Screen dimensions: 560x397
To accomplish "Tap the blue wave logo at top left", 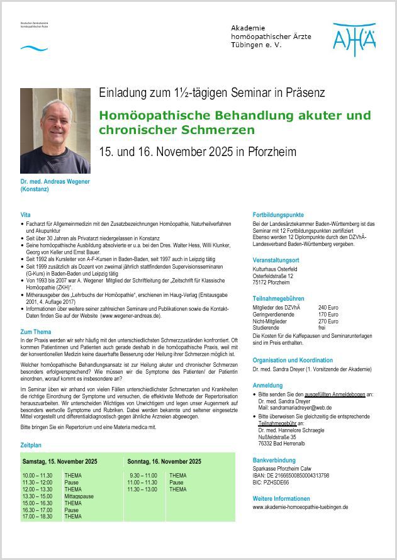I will tap(34, 48).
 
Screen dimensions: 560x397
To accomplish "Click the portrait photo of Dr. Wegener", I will tap(55, 130).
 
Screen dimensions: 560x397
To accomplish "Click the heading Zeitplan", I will tap(31, 445).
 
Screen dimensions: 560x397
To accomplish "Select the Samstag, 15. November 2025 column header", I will tap(60, 461).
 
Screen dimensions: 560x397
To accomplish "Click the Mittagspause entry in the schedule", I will tap(79, 496).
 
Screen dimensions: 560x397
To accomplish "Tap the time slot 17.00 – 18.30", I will tap(38, 517).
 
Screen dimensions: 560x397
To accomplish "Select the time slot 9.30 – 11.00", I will tap(143, 476).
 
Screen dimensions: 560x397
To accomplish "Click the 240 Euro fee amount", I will tap(328, 307).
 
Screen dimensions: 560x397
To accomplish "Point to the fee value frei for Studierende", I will tap(322, 328).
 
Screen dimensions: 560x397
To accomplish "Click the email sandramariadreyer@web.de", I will tap(295, 408).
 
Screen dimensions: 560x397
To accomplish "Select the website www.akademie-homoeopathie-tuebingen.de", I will tap(300, 507).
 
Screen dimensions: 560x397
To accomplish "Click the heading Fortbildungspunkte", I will tap(277, 215).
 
